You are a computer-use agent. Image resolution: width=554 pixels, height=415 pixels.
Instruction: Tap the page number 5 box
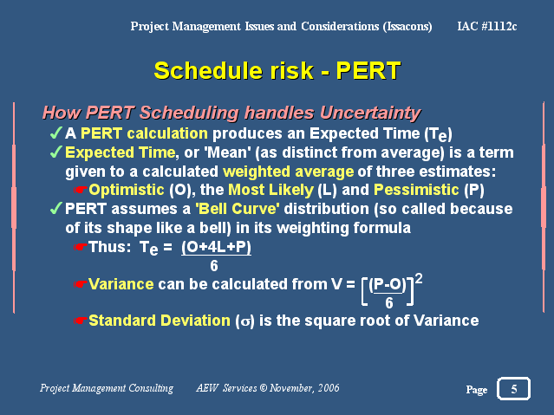tap(514, 388)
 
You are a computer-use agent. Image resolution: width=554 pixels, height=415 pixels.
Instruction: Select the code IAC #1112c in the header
tap(487, 26)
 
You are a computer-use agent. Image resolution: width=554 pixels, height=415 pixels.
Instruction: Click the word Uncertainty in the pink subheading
tap(370, 113)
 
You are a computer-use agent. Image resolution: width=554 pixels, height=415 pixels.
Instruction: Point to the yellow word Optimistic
tap(126, 190)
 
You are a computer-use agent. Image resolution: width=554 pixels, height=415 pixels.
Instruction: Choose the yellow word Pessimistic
tap(416, 190)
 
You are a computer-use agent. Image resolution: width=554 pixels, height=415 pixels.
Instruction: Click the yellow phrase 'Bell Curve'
tap(237, 209)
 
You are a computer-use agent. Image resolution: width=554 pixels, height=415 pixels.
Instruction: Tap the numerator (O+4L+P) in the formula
tap(216, 247)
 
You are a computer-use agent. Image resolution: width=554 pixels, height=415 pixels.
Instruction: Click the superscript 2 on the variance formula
tap(419, 279)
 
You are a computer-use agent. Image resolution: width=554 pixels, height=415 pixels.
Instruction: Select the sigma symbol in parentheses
tap(244, 321)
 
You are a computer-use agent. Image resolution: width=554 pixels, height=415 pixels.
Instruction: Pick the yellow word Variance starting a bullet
tap(121, 284)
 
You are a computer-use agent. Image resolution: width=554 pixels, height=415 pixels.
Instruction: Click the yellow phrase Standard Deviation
tap(160, 321)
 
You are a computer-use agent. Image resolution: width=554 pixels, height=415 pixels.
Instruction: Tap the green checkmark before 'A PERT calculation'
tap(56, 133)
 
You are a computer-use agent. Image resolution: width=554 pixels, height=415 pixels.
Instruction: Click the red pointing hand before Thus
tap(80, 247)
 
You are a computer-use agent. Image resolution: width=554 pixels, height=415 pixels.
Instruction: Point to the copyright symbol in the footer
tap(264, 388)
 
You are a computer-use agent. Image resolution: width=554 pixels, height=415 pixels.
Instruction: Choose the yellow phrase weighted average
tap(289, 172)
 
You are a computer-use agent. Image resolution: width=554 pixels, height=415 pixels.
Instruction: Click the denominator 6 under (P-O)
tap(389, 302)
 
